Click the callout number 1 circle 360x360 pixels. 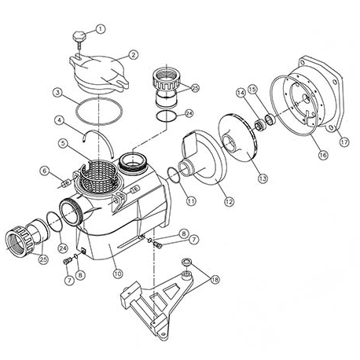click(x=100, y=29)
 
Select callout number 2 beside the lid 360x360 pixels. click(x=134, y=54)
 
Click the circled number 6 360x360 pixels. click(x=45, y=171)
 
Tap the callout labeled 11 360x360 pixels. click(x=191, y=201)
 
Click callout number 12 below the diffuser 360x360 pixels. click(x=228, y=202)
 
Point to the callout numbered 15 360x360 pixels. click(x=252, y=88)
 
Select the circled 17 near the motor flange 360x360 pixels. click(x=343, y=142)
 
